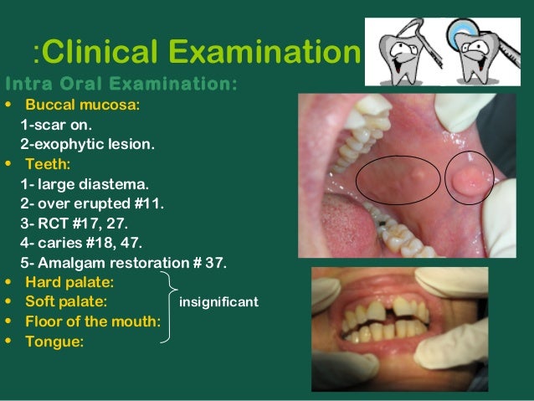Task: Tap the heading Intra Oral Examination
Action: (121, 84)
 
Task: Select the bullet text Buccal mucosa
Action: (82, 105)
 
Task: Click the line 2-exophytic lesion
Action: (87, 144)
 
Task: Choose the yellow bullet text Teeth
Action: (48, 164)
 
